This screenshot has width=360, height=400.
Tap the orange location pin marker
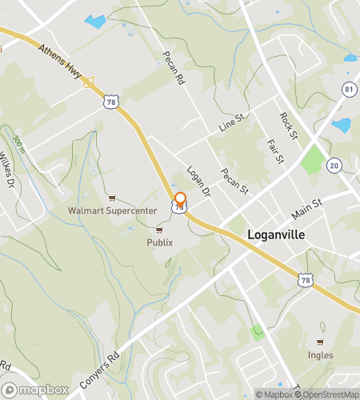coord(180,201)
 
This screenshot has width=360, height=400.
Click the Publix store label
coord(159,242)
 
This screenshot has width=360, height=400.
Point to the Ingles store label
coord(320,354)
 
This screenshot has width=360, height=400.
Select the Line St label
coord(230,126)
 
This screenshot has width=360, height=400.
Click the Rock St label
coord(287,124)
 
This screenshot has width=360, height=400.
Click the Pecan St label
coord(236,182)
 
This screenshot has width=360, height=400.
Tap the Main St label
coord(306,210)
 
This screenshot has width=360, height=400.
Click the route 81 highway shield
coord(349,89)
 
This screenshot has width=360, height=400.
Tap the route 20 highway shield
coord(334,165)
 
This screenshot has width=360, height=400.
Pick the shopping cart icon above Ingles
coord(320,341)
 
